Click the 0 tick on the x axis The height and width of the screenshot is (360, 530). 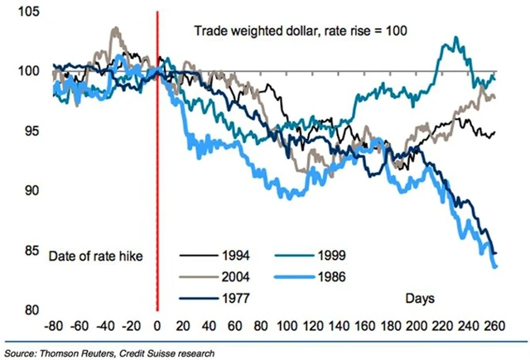pyautogui.click(x=157, y=324)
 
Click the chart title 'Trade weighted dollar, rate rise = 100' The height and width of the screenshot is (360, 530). pyautogui.click(x=308, y=32)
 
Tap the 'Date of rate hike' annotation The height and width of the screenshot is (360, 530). pyautogui.click(x=96, y=255)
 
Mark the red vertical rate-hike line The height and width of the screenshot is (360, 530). pyautogui.click(x=157, y=166)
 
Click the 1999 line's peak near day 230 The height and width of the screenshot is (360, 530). pyautogui.click(x=454, y=38)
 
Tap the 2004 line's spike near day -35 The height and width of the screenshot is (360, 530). pyautogui.click(x=114, y=29)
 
